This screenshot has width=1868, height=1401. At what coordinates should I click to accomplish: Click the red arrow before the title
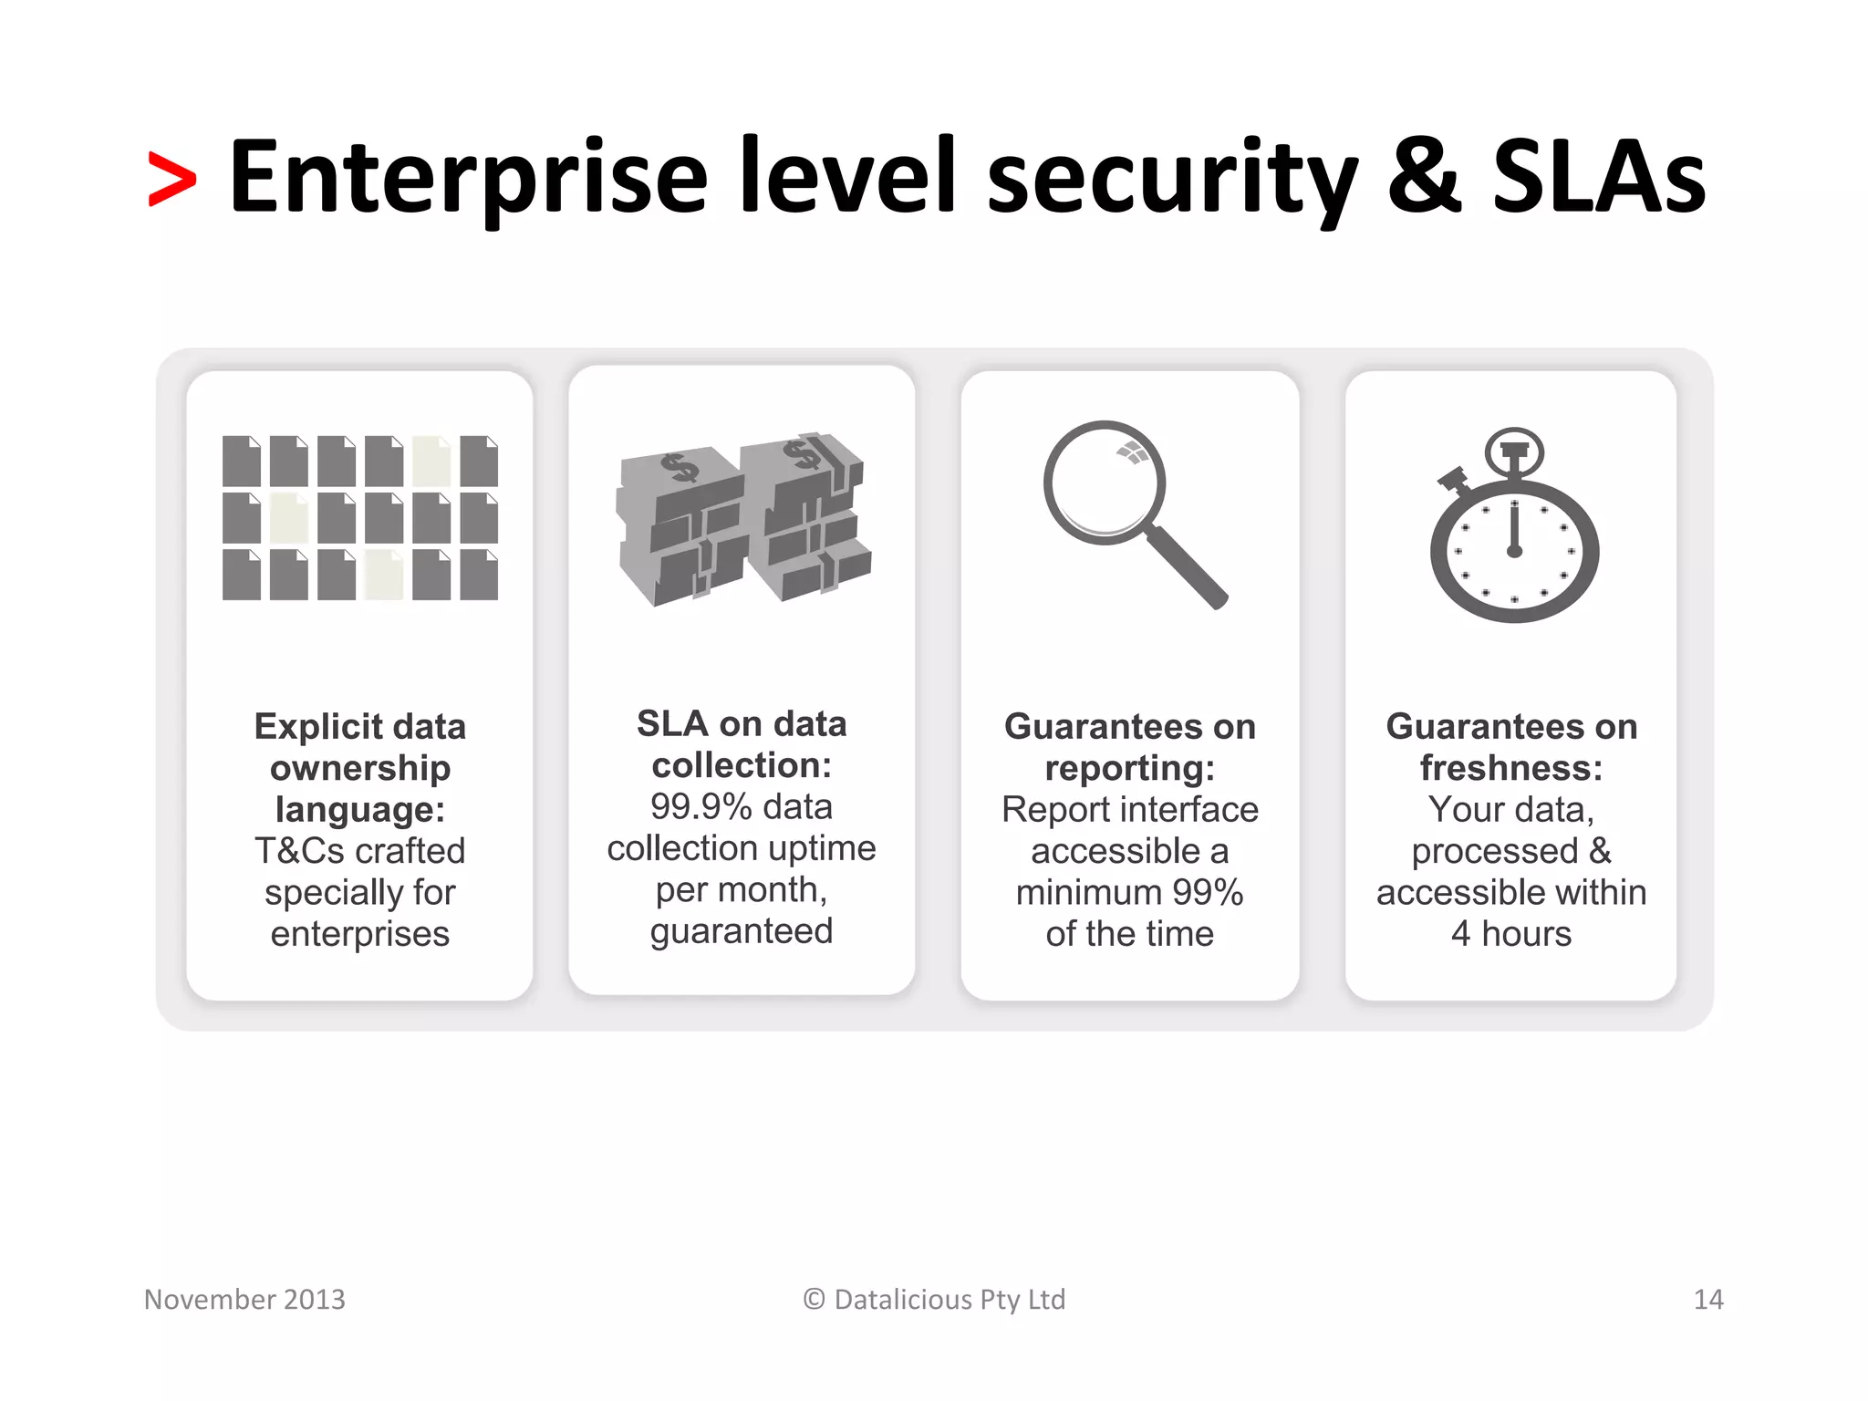pos(171,180)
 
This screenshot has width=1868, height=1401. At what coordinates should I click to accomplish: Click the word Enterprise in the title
pos(468,178)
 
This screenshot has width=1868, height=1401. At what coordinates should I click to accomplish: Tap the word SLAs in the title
pos(1598,178)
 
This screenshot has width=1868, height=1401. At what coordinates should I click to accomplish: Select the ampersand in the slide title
pos(1424,178)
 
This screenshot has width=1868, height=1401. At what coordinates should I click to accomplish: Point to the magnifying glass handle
pos(1187,567)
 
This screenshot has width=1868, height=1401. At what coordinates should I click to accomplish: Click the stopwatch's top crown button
pos(1514,451)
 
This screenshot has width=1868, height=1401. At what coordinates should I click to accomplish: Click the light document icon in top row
pos(431,461)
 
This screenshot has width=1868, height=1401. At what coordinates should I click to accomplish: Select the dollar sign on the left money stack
pos(680,468)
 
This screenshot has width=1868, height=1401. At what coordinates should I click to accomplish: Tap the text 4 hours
pos(1511,934)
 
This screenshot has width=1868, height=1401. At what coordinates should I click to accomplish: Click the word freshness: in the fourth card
pos(1511,768)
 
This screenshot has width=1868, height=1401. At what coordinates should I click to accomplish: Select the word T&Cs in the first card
pos(299,851)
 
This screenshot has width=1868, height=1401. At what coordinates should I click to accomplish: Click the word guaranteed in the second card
pos(742,931)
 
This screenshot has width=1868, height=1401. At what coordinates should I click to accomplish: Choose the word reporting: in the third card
pos(1130,768)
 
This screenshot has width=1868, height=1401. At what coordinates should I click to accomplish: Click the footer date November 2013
pos(244,1299)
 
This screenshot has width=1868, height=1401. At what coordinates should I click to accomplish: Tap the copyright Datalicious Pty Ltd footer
pos(934,1299)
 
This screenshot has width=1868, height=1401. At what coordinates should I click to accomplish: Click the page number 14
pos(1707,1299)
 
